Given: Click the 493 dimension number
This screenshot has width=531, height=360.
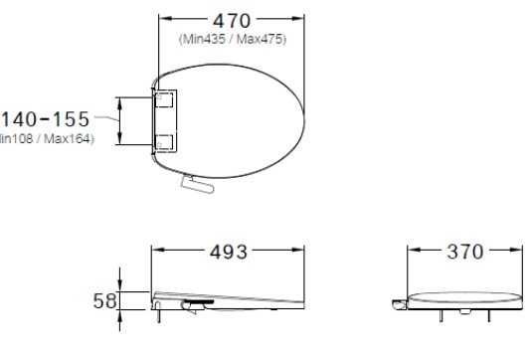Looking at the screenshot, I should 228,253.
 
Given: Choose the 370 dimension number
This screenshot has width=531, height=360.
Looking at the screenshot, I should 463,253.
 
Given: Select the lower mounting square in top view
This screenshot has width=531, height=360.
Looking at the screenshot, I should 166,140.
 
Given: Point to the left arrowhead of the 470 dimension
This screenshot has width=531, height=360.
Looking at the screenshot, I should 163,19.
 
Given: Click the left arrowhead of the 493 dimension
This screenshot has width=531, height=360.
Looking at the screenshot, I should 155,253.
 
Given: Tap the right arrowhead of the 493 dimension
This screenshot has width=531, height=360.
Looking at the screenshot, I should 304,253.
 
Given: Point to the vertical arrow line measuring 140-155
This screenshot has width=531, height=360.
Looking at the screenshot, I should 120,120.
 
